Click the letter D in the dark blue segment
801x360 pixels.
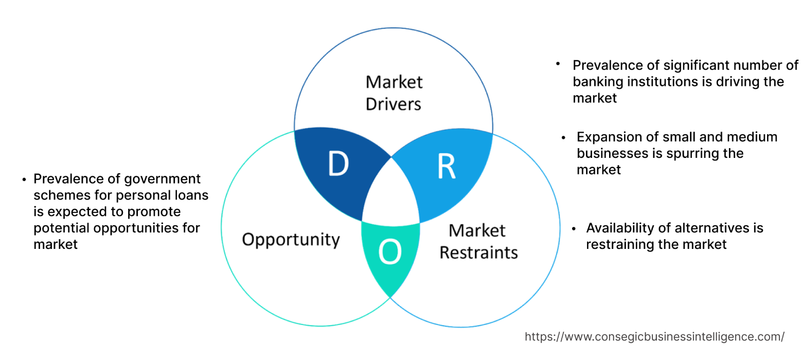coord(338,165)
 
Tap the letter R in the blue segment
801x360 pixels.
coord(446,166)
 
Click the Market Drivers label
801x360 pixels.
coord(394,93)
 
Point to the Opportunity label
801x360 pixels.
coord(291,240)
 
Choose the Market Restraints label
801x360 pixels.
coord(478,241)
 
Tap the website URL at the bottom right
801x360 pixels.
coord(654,337)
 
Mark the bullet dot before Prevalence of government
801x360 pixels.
coord(24,179)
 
